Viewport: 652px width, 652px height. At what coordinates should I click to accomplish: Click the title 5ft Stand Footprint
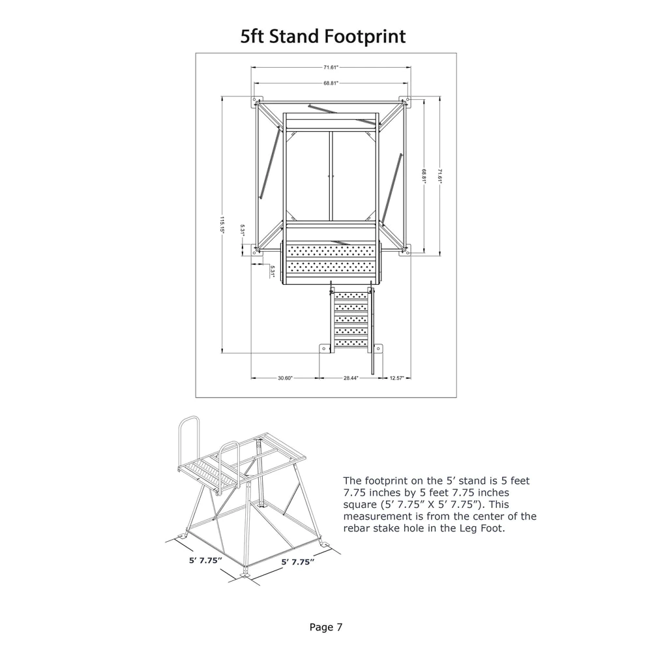(x=323, y=36)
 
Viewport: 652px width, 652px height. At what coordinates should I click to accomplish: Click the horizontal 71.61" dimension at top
(x=331, y=67)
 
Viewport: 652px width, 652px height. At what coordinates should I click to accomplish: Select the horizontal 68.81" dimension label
(x=331, y=83)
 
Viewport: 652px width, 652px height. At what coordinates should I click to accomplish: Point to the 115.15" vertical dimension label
(x=222, y=225)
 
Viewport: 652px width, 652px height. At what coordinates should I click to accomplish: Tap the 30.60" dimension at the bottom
(x=286, y=378)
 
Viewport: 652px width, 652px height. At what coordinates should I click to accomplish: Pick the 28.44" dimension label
(x=351, y=378)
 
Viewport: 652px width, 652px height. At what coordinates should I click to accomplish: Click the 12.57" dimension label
(x=396, y=378)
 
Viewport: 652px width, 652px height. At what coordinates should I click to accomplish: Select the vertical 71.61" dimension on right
(x=440, y=176)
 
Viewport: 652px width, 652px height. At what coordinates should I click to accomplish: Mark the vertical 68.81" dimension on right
(x=424, y=176)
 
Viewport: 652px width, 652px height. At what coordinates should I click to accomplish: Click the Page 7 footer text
(x=326, y=627)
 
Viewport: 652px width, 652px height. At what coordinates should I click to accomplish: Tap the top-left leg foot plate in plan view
(x=256, y=102)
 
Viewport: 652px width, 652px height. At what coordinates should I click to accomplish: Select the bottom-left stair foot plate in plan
(x=324, y=349)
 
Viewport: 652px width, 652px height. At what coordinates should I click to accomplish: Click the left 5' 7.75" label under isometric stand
(x=206, y=561)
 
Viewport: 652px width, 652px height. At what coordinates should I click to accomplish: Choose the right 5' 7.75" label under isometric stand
(x=298, y=562)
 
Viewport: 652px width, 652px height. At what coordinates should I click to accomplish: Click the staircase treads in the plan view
(x=351, y=319)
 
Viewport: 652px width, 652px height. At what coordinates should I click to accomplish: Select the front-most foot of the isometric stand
(x=245, y=573)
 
